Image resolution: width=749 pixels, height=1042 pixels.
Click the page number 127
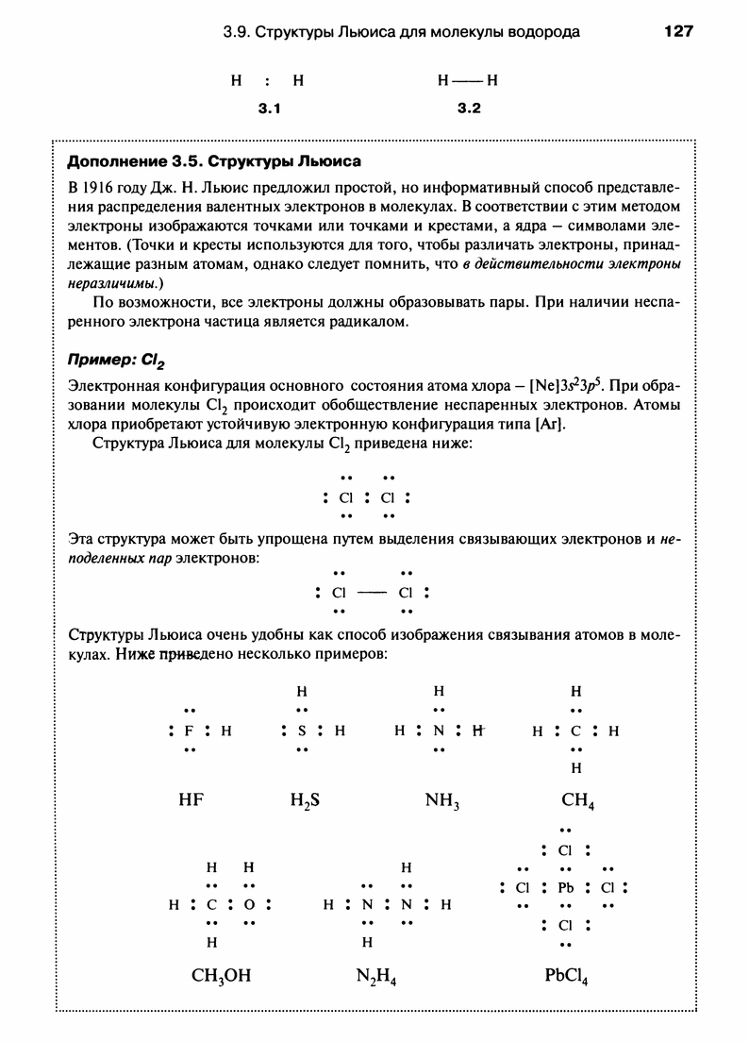coord(678,31)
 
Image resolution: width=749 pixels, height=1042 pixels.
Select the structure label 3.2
coord(469,109)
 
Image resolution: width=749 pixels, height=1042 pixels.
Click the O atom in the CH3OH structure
coord(249,904)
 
